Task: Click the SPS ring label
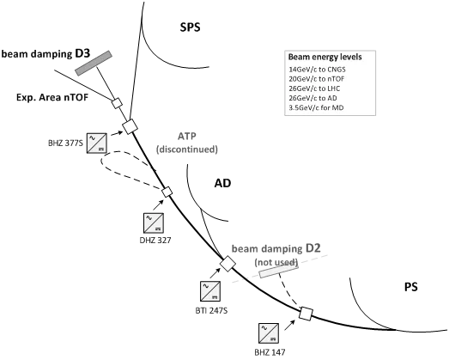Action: pos(190,27)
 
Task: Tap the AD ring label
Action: pos(222,183)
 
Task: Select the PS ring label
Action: pos(411,287)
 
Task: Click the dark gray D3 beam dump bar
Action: pos(94,63)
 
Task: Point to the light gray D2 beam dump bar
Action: pos(279,271)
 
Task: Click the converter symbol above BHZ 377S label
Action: pos(97,143)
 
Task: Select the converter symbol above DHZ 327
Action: pos(154,223)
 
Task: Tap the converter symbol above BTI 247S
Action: pos(210,291)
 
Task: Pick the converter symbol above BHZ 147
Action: pos(269,333)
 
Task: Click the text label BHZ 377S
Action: pos(65,143)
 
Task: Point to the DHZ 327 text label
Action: pos(155,240)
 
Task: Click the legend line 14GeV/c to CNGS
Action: pos(318,70)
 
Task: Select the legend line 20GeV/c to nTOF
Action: pos(317,79)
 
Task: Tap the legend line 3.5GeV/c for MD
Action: pos(316,107)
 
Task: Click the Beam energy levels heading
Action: pos(325,57)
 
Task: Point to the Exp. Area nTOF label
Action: pos(52,97)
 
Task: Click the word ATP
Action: pos(187,136)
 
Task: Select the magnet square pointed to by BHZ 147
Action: pos(306,314)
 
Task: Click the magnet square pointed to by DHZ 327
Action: pos(167,192)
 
